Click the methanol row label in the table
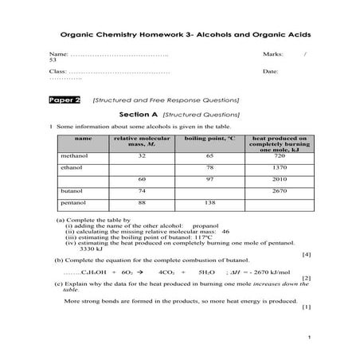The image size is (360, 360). pyautogui.click(x=72, y=156)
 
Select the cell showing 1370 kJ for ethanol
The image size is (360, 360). pyautogui.click(x=279, y=167)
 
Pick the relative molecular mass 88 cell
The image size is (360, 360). pyautogui.click(x=141, y=203)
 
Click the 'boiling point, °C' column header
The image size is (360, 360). pyautogui.click(x=209, y=139)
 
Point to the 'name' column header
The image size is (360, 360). pyautogui.click(x=83, y=139)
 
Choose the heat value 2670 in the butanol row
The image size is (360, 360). pyautogui.click(x=279, y=191)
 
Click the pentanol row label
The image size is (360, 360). pyautogui.click(x=72, y=203)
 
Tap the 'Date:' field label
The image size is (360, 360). pyautogui.click(x=270, y=72)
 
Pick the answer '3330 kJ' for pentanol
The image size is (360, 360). pyautogui.click(x=92, y=249)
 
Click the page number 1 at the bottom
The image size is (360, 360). pyautogui.click(x=307, y=338)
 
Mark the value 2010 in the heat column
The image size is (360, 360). pyautogui.click(x=279, y=179)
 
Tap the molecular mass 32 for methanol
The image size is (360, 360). pyautogui.click(x=141, y=156)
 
